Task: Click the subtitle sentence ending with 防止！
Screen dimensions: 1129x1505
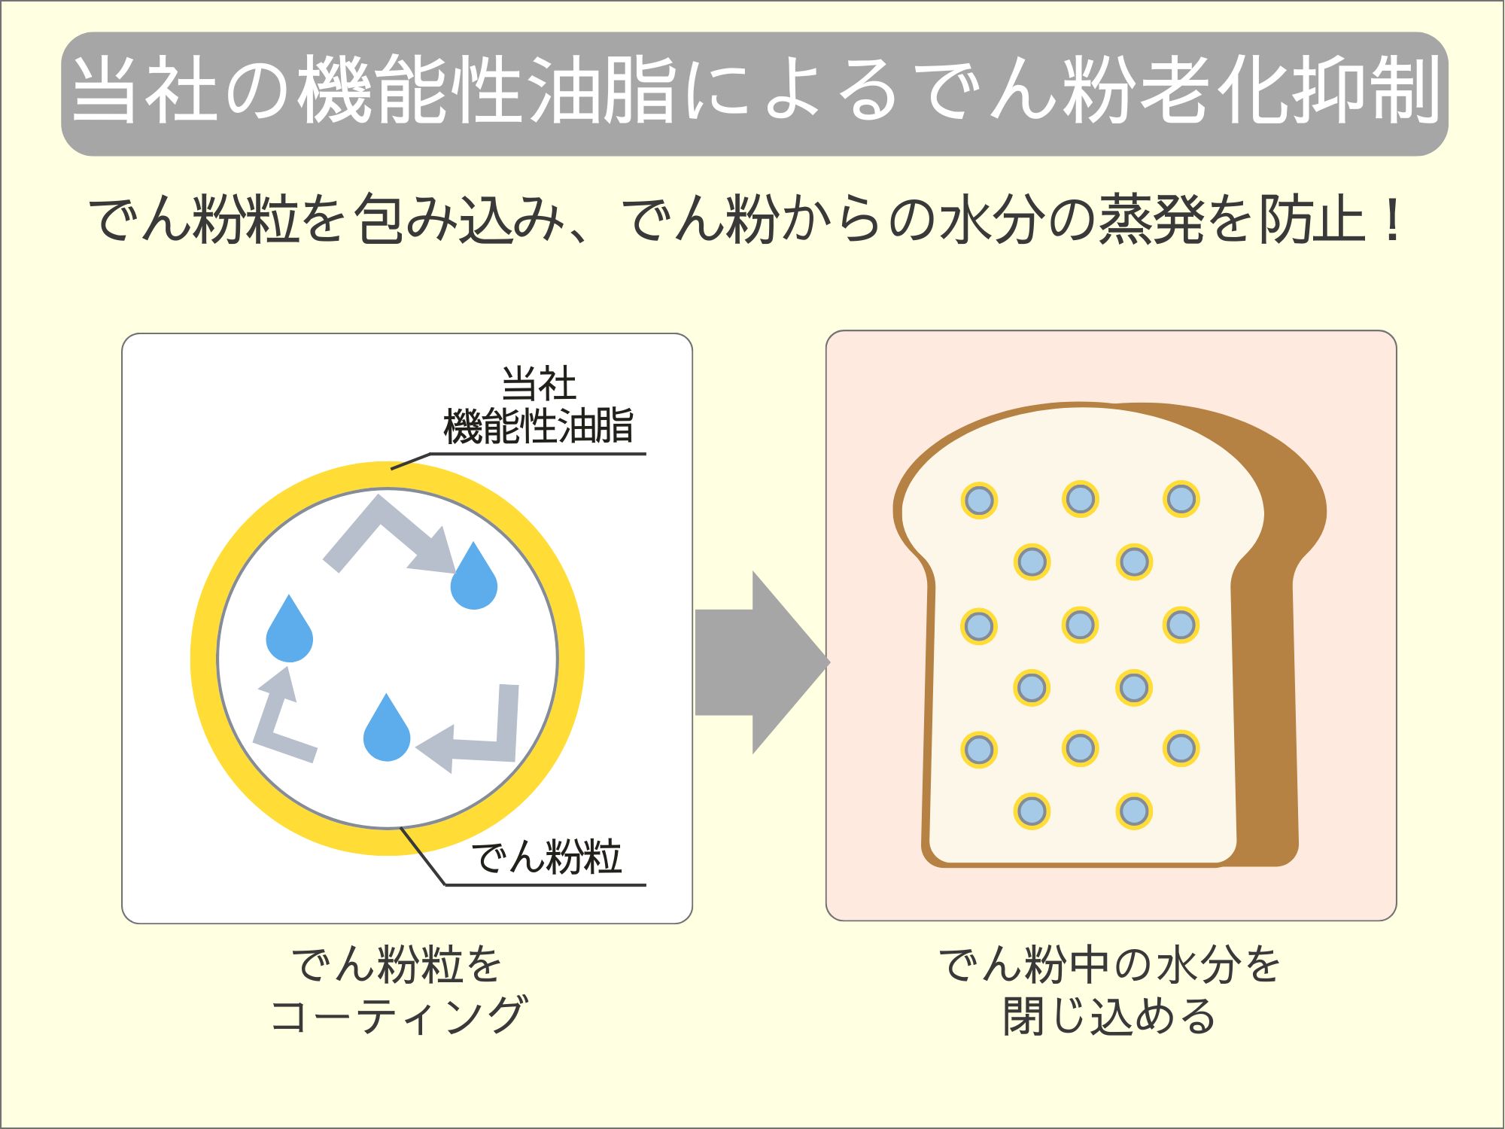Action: coord(745,220)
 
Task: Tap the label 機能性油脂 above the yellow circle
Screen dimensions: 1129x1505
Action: coord(538,426)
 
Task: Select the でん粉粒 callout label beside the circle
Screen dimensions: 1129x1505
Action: coord(546,857)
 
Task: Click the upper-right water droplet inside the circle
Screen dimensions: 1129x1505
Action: coord(473,580)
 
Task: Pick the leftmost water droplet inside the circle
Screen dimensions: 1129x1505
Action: coord(289,632)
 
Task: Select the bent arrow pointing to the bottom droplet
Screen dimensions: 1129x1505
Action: coord(482,738)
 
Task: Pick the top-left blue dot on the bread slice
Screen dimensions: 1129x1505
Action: coord(979,500)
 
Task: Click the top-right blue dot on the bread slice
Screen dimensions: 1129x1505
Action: coord(1181,499)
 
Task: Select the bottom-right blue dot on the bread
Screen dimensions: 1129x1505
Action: coord(1133,811)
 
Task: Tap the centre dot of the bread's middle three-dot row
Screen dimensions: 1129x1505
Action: coord(1080,625)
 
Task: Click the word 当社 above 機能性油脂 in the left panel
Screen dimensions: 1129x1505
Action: coord(539,384)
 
